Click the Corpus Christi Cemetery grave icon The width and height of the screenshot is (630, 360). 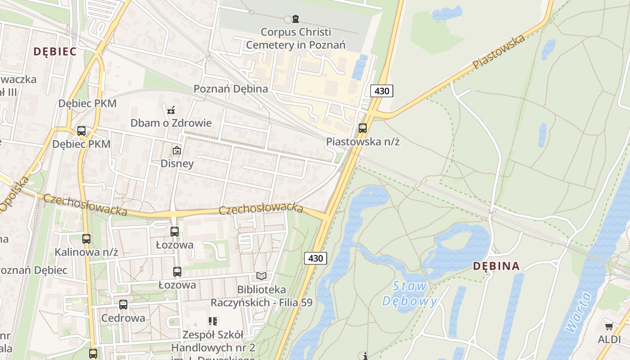point(295,19)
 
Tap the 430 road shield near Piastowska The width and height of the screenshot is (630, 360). point(382,91)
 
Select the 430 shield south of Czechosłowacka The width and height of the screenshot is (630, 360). point(315,258)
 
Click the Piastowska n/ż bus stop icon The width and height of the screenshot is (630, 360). point(363,128)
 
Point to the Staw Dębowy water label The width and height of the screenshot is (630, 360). point(409,293)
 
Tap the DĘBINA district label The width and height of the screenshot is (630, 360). point(496,266)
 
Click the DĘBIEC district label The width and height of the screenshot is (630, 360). point(55,51)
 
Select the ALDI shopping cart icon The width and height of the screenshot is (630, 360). point(609,326)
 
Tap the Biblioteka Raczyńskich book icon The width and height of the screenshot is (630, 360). point(261,276)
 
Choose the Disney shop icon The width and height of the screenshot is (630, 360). point(177,150)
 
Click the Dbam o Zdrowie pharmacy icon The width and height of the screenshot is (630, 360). point(171,110)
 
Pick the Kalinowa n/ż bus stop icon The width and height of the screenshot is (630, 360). point(86,239)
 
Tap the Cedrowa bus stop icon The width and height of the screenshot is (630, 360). point(123,305)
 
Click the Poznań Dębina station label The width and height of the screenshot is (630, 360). point(231,89)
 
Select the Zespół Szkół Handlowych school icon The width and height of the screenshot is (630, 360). point(213,321)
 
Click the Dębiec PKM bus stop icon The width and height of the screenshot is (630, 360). point(81,131)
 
